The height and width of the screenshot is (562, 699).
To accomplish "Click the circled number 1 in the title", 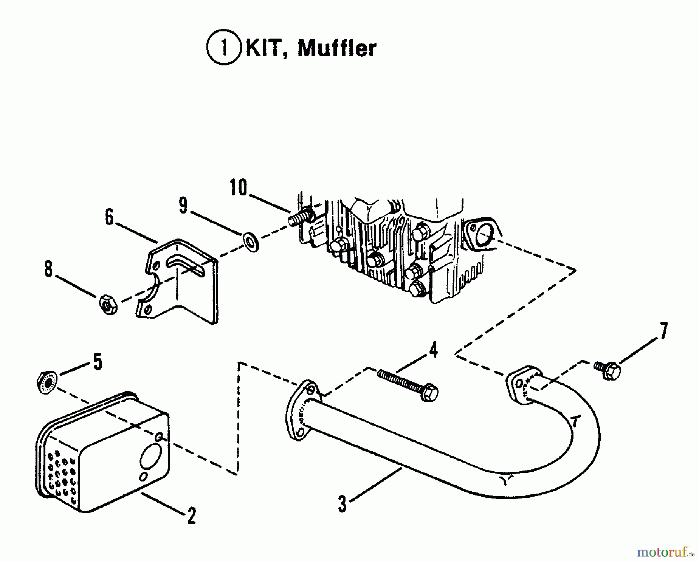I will (223, 49).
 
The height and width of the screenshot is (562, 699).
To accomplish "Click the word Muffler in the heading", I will (337, 49).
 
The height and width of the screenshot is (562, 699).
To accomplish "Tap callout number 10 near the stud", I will (238, 188).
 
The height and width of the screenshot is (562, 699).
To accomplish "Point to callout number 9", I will (183, 206).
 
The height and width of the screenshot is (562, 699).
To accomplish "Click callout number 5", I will (97, 362).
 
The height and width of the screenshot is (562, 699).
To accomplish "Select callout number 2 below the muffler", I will (191, 516).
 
